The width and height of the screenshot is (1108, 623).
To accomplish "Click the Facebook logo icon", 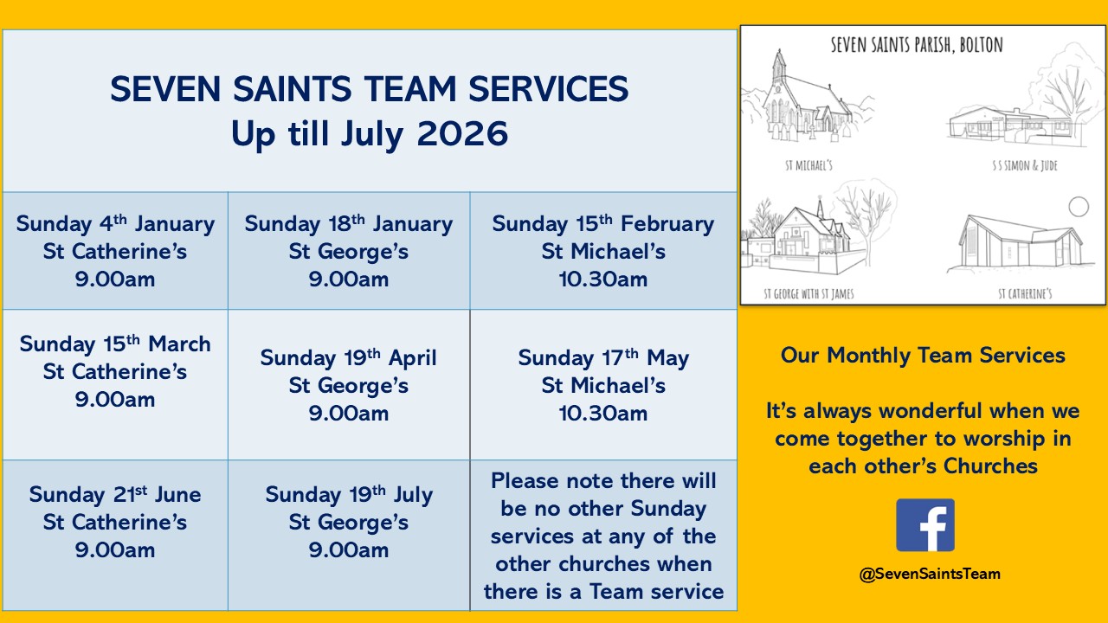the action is (x=925, y=525).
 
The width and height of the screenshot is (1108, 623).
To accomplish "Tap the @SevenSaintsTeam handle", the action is (x=930, y=574).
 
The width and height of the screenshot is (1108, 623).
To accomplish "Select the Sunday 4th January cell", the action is (x=115, y=251).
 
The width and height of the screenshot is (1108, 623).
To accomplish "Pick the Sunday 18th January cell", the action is (x=349, y=251).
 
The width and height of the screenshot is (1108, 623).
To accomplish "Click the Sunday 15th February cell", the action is (x=603, y=251).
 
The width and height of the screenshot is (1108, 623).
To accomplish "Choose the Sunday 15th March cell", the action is (x=115, y=385).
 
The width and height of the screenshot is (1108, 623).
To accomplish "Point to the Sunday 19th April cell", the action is (x=349, y=385).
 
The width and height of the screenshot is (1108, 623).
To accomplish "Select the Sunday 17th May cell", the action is (x=603, y=385).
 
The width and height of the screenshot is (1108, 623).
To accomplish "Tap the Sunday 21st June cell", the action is (x=115, y=535).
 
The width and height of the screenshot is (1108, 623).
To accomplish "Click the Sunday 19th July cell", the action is (x=349, y=535).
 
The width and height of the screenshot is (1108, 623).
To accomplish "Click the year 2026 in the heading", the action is (x=462, y=133).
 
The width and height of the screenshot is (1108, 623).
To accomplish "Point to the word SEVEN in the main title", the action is (x=165, y=89).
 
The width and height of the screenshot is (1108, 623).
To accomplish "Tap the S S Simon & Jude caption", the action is (x=1024, y=165).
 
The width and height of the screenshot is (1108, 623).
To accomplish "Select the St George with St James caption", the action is (x=808, y=294).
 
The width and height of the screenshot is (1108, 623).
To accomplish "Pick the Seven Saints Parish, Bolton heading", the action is (x=917, y=45).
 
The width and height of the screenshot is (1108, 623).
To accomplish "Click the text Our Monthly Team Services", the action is (x=923, y=356).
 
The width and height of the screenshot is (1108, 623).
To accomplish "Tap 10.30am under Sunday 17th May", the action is (x=603, y=414).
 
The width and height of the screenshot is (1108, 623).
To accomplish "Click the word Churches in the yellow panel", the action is (x=990, y=466).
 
